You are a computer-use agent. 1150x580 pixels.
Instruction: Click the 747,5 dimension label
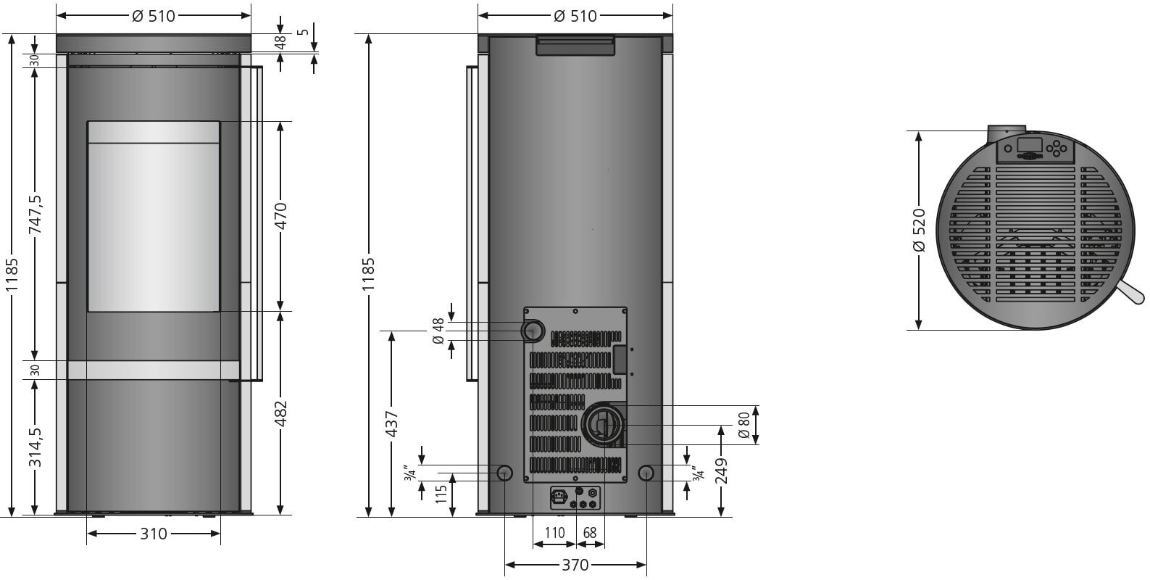(x=34, y=214)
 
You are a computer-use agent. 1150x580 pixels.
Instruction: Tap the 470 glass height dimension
(x=281, y=215)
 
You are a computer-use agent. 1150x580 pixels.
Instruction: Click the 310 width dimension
(x=153, y=534)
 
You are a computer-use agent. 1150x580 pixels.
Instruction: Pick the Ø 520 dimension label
(x=919, y=230)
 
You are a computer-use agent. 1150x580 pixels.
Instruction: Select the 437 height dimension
(x=391, y=423)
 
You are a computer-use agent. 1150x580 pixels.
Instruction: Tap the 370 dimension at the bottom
(x=575, y=565)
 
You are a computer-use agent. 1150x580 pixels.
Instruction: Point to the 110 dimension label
(x=554, y=533)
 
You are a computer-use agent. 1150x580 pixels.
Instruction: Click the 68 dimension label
(x=590, y=533)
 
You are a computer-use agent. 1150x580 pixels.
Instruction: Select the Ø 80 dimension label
(x=743, y=424)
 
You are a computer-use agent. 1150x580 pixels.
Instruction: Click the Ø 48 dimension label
(x=437, y=331)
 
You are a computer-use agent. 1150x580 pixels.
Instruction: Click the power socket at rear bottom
(x=558, y=497)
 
